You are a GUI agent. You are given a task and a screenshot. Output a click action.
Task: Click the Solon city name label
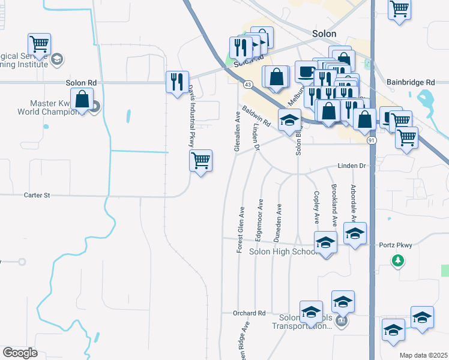pyautogui.click(x=324, y=34)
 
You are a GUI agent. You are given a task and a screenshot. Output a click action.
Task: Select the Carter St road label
pyautogui.click(x=37, y=195)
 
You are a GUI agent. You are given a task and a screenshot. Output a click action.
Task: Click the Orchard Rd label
pyautogui.click(x=249, y=313)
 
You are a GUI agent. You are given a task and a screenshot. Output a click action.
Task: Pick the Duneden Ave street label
pyautogui.click(x=278, y=222)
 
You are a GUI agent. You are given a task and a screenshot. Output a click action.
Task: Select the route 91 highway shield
pyautogui.click(x=372, y=140)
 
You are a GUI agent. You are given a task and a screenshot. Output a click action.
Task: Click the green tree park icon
pyautogui.click(x=397, y=260)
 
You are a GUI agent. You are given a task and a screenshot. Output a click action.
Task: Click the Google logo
pyautogui.click(x=20, y=353)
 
